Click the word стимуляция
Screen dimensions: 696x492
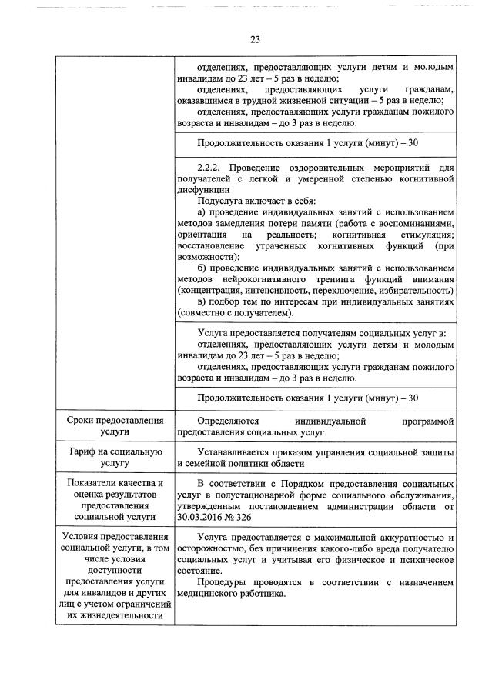coord(415,233)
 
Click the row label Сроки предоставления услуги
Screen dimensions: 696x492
coord(115,427)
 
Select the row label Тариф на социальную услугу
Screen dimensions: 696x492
coord(115,456)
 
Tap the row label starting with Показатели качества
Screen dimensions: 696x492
coord(115,501)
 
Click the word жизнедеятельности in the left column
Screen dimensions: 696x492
coord(115,615)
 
